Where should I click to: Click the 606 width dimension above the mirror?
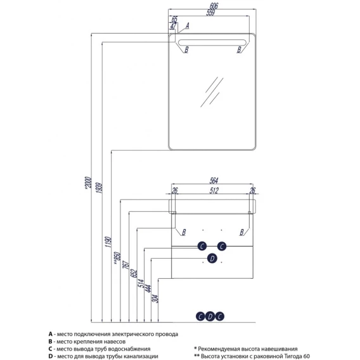click(214, 6)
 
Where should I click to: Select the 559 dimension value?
click(210, 13)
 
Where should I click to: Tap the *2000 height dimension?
click(88, 183)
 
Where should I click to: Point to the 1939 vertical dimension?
click(99, 188)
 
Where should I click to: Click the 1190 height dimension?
click(108, 242)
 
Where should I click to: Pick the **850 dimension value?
click(117, 258)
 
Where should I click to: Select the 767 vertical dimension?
click(126, 265)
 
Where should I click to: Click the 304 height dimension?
click(155, 299)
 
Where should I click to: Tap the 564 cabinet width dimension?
click(214, 181)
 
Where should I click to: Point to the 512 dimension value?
click(214, 190)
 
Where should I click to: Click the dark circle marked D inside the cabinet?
click(212, 259)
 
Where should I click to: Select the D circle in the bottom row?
click(210, 317)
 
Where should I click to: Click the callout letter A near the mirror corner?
click(188, 25)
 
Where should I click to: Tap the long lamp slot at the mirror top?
click(212, 42)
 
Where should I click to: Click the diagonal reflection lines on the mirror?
click(212, 92)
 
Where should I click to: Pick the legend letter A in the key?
click(51, 334)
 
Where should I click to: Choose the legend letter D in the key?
click(51, 356)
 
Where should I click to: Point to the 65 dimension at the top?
click(174, 19)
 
